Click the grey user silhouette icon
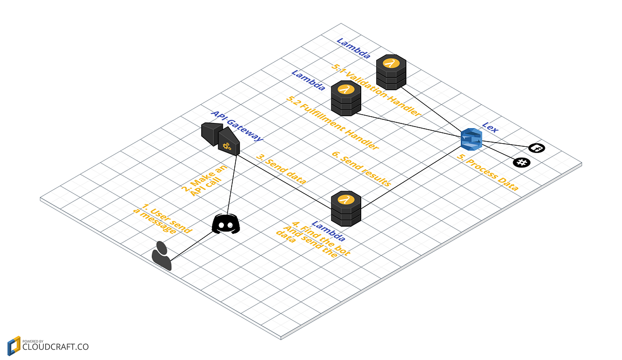[162, 255]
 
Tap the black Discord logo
[226, 224]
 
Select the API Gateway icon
[221, 139]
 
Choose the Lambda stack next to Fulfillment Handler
[346, 98]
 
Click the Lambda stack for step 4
[346, 208]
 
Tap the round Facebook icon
[536, 148]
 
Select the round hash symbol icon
[521, 162]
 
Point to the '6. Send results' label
[361, 169]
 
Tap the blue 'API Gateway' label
[237, 126]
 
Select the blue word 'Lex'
[490, 127]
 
